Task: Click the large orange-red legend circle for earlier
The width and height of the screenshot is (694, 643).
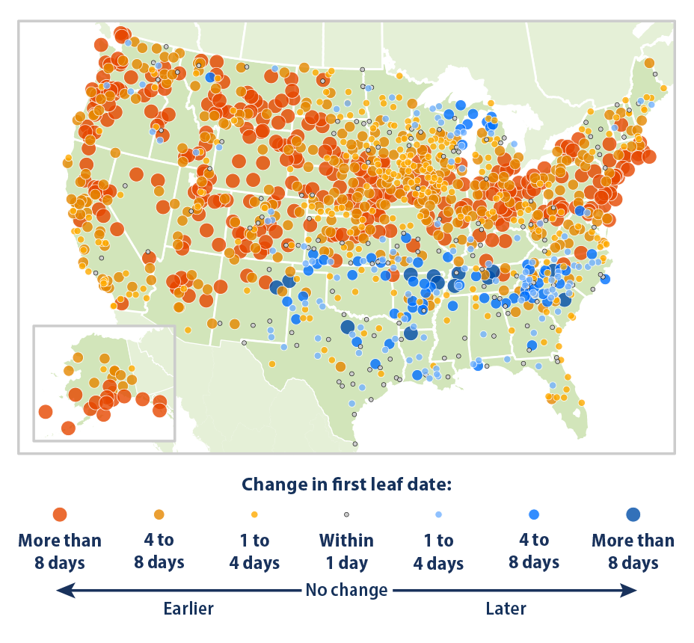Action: click(x=60, y=514)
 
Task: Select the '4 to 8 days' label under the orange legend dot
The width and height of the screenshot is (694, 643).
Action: click(x=159, y=551)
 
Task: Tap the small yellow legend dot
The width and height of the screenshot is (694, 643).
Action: click(x=254, y=514)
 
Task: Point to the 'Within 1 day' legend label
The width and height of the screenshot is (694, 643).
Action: click(x=346, y=551)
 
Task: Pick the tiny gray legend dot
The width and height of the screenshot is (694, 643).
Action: click(x=346, y=514)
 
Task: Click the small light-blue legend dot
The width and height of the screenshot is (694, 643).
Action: click(x=439, y=514)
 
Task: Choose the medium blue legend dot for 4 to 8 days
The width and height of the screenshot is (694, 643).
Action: click(x=534, y=514)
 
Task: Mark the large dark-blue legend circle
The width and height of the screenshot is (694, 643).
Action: click(x=633, y=514)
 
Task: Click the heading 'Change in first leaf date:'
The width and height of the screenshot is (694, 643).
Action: click(x=346, y=484)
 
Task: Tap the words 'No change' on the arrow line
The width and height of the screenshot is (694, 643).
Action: click(x=346, y=591)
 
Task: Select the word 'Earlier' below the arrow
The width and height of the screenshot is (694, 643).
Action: click(x=188, y=609)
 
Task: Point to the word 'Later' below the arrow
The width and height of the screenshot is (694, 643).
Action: click(x=506, y=609)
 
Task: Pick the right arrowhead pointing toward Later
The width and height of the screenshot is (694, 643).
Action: click(x=632, y=591)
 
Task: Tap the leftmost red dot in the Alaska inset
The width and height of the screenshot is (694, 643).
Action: click(x=45, y=411)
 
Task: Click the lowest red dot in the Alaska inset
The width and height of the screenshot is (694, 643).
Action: click(x=68, y=428)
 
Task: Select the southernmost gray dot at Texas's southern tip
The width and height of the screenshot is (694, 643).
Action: click(x=354, y=443)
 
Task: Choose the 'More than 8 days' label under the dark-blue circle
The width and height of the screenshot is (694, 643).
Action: click(x=633, y=551)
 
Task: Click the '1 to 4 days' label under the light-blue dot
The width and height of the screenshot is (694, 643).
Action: click(x=439, y=551)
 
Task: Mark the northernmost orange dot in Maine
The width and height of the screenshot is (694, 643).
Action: click(x=649, y=63)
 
